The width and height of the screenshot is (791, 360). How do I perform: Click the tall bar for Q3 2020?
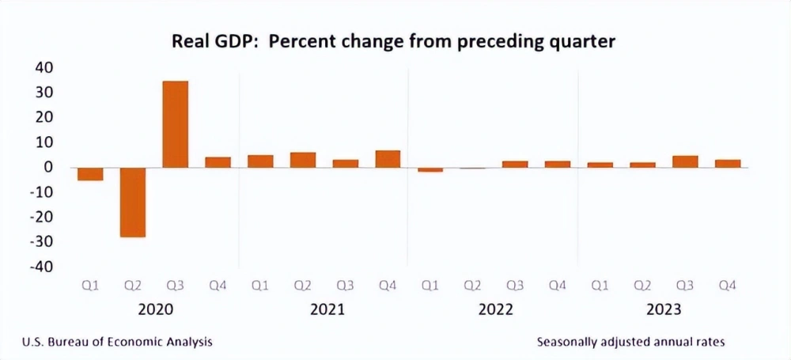(x=175, y=124)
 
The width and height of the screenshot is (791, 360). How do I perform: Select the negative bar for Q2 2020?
(x=132, y=202)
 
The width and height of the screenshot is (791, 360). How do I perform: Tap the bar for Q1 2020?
(x=89, y=174)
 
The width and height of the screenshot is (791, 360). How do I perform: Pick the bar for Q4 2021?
(x=388, y=159)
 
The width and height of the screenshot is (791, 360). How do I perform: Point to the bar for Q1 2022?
(x=430, y=169)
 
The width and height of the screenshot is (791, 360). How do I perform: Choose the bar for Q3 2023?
(x=685, y=161)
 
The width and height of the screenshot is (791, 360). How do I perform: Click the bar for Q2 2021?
(x=302, y=160)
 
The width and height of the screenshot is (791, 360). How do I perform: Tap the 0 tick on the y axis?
(x=48, y=167)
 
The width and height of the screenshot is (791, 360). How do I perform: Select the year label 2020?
(x=154, y=309)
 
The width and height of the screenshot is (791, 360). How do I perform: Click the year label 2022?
(x=494, y=309)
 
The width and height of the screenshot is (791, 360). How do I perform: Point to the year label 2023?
(x=664, y=309)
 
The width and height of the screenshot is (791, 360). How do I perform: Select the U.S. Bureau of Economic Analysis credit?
(x=116, y=342)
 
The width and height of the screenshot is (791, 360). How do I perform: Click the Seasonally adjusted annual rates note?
(x=630, y=342)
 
